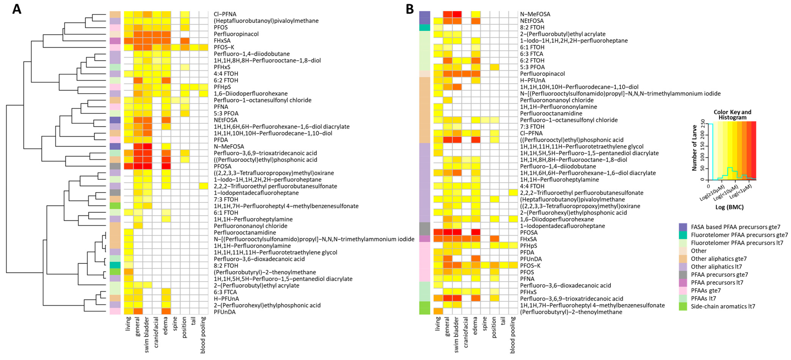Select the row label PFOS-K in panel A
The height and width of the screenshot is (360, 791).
[224, 47]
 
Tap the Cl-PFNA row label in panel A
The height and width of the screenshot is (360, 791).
[225, 14]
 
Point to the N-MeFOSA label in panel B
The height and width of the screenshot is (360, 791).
[535, 14]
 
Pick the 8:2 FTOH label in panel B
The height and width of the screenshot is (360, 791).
[532, 27]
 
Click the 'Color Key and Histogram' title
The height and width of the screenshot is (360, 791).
[732, 115]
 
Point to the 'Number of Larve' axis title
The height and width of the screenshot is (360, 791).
[695, 148]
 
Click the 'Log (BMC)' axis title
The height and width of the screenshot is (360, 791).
[729, 207]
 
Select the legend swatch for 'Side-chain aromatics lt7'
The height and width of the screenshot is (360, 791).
[683, 306]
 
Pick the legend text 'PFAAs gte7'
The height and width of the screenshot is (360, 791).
[706, 291]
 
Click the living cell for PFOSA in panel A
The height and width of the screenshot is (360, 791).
[128, 166]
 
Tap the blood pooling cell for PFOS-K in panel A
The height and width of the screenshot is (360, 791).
[203, 47]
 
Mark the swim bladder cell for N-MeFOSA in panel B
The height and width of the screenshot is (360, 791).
[457, 14]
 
